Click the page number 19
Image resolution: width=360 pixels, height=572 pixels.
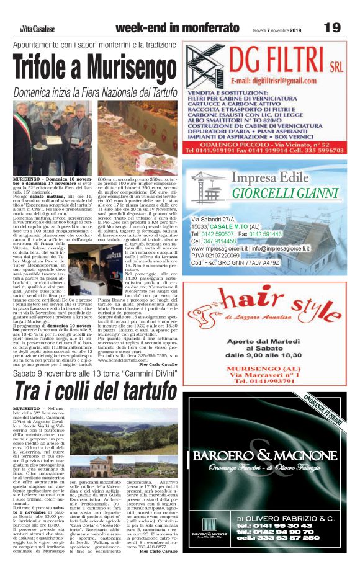click(x=332, y=28)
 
